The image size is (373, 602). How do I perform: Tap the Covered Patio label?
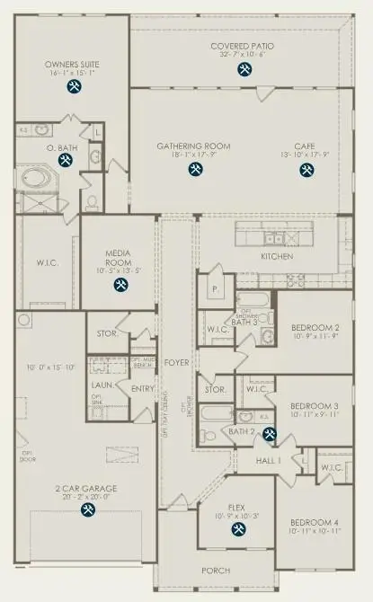[x=242, y=46]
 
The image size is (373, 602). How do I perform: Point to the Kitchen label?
[x=277, y=256]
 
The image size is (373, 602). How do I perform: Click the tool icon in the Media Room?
[x=120, y=285]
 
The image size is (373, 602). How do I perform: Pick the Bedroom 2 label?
[x=315, y=328]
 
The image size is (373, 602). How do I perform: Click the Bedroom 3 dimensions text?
[x=315, y=415]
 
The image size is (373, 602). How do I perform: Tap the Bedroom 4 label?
[x=315, y=522]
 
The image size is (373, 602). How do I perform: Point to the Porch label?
[x=216, y=571]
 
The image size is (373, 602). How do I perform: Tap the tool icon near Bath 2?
[x=267, y=436]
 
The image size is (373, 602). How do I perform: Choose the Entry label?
[x=143, y=389]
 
